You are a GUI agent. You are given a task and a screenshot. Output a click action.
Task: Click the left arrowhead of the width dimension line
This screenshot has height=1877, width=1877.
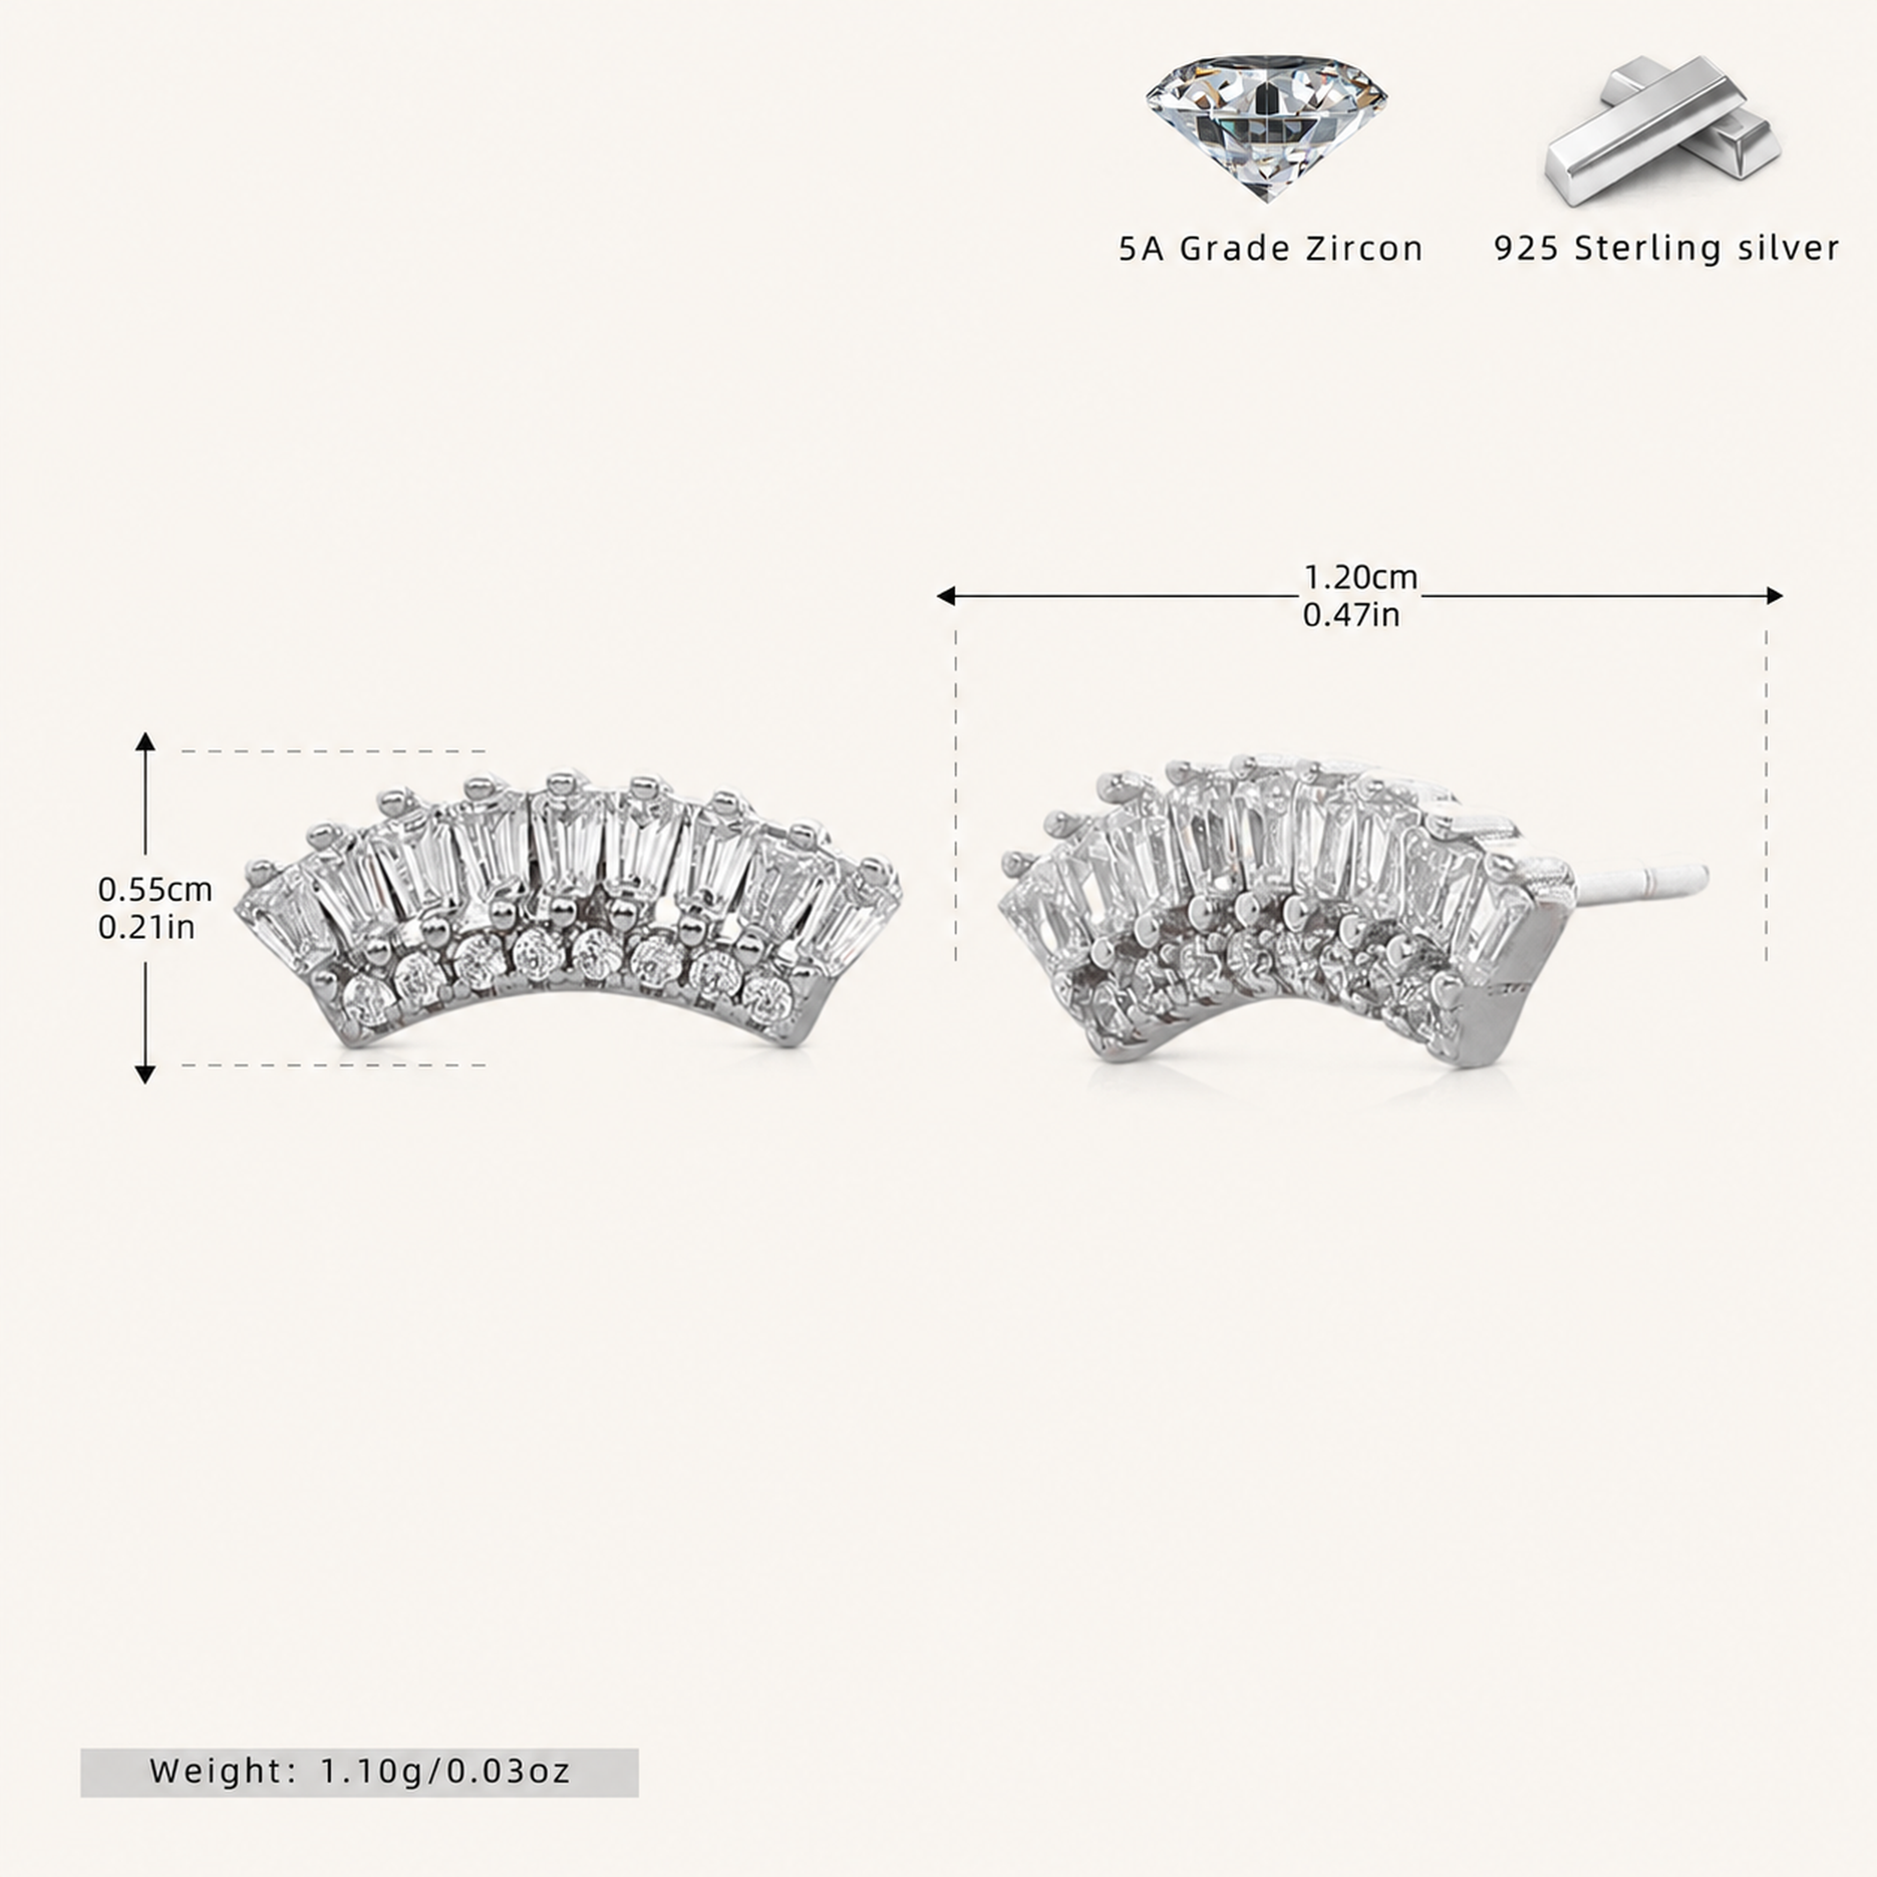pyautogui.click(x=945, y=595)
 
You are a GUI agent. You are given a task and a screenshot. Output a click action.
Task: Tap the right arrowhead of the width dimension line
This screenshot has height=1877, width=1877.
pyautogui.click(x=1774, y=595)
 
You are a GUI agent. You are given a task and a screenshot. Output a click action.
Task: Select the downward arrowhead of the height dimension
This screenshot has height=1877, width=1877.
pyautogui.click(x=145, y=1073)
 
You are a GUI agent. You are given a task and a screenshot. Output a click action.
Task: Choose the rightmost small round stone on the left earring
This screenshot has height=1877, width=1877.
pyautogui.click(x=767, y=994)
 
